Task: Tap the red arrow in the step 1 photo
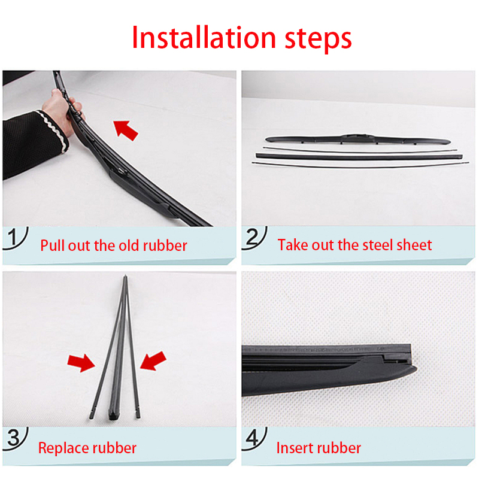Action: [x=126, y=129]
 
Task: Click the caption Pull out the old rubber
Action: [x=114, y=245]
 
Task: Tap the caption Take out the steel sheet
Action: [x=354, y=245]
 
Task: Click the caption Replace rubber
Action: [x=87, y=448]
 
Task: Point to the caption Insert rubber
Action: [x=319, y=448]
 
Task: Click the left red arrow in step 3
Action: [x=81, y=362]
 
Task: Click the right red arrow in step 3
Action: [x=153, y=362]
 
